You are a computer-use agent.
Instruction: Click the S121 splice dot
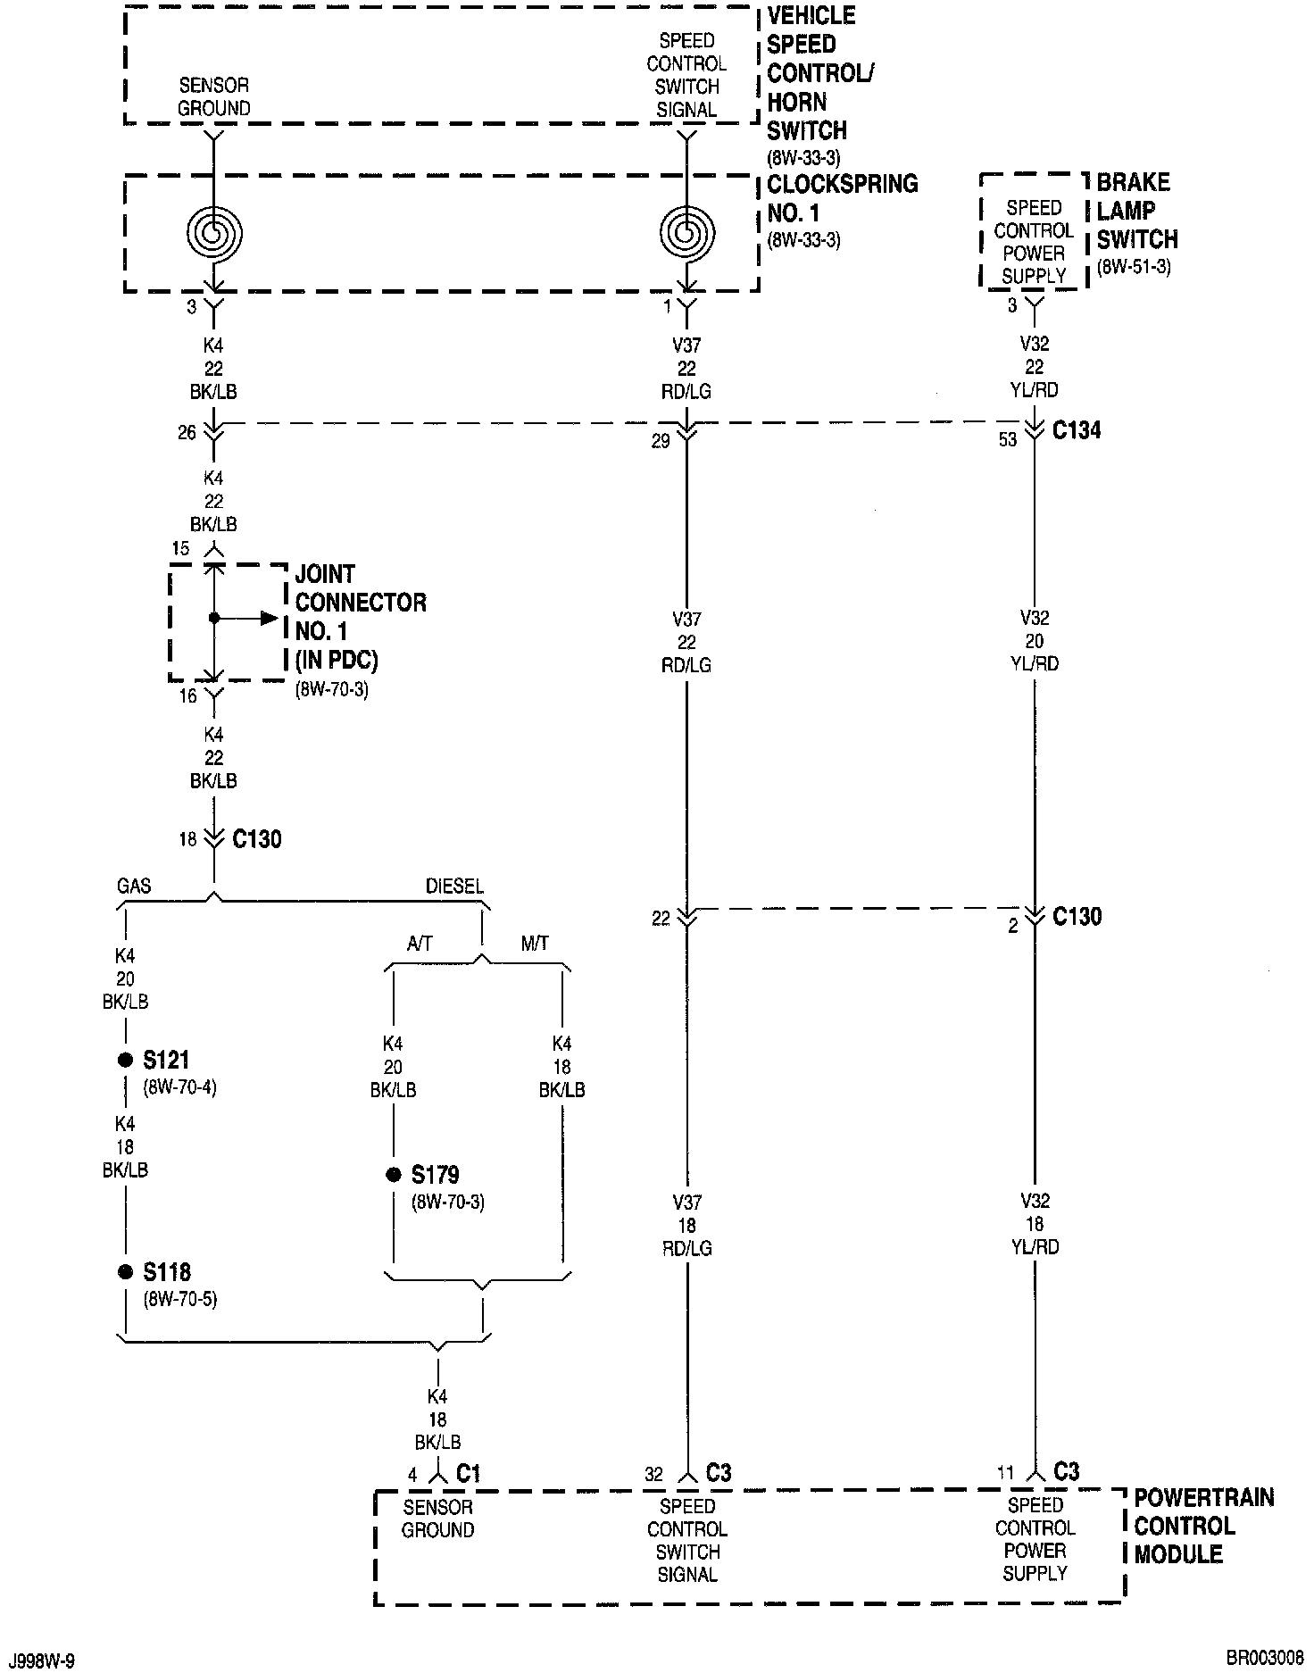125,1060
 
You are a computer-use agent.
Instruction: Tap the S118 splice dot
125,1272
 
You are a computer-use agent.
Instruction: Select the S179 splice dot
393,1175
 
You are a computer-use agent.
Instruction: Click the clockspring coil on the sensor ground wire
214,233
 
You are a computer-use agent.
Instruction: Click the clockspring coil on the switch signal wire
686,233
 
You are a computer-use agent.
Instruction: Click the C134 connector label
1077,431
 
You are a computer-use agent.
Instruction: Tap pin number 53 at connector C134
1007,440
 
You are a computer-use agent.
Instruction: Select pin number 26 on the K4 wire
186,433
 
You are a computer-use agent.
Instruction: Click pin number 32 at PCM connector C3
653,1475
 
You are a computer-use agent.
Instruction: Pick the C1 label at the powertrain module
469,1474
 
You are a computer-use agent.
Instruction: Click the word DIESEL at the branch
454,886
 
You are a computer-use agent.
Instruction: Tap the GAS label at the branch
134,886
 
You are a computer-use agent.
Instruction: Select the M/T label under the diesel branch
535,944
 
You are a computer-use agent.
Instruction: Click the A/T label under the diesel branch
420,944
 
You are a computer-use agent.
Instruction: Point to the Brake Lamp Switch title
1136,212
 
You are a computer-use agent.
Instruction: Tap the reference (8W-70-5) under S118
179,1299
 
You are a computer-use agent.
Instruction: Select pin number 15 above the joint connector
180,548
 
